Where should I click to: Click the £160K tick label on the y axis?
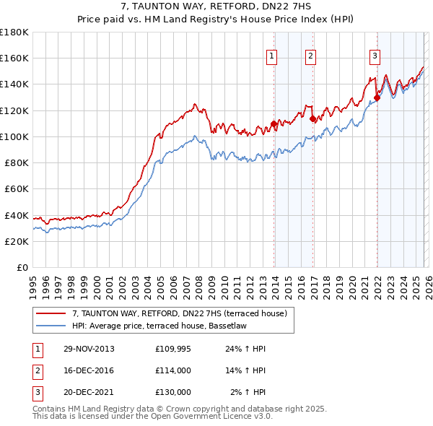14,58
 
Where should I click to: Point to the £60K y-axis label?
17,188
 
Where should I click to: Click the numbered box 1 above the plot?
272,56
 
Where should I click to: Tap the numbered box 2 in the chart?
310,56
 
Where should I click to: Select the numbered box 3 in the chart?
375,56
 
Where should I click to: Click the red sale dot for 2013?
274,123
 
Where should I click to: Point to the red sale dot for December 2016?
312,118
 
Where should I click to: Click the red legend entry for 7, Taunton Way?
180,313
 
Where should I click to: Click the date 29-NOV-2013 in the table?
88,349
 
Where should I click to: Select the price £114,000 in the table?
173,370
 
